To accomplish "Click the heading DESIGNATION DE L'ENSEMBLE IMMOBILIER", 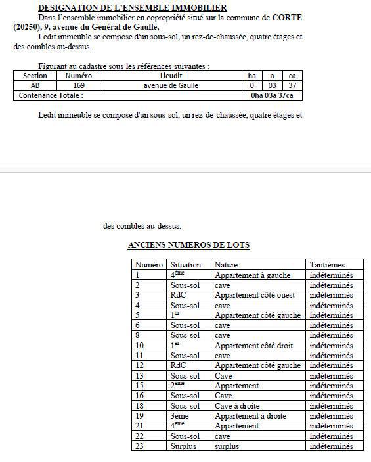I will click(132, 7).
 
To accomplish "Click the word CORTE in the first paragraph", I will click(288, 17).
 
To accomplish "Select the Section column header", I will click(35, 76).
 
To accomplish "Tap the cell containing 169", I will click(79, 85).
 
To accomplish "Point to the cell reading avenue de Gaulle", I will click(171, 85).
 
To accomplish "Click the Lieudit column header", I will click(171, 76).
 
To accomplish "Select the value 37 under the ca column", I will click(292, 85).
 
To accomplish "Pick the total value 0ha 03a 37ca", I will click(272, 95).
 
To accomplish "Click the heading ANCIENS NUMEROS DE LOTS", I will click(188, 245).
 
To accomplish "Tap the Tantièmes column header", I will click(327, 265).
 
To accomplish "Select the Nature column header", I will click(226, 265).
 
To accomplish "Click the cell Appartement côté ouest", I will click(254, 295).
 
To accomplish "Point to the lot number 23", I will click(139, 446).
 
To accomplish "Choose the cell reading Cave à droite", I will click(237, 406).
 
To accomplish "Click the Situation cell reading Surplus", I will click(185, 446).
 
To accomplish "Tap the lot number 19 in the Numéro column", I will click(139, 416).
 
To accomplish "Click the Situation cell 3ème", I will click(182, 416).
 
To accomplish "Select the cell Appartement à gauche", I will click(252, 275).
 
